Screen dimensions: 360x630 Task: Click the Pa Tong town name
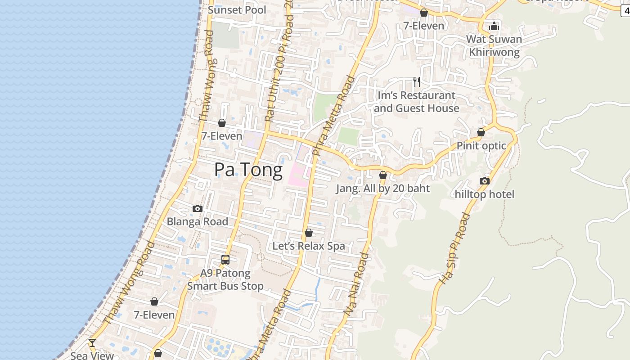point(248,170)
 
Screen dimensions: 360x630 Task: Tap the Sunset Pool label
point(237,10)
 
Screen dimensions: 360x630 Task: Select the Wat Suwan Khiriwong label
point(494,45)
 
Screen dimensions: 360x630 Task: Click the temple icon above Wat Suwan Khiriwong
point(494,26)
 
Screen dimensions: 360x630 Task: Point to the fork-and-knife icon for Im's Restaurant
point(417,81)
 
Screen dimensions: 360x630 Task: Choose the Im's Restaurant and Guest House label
point(416,102)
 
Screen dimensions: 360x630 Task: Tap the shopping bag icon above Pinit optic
point(481,132)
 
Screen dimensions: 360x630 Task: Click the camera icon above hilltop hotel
point(485,181)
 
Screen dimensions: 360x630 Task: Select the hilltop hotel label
point(485,194)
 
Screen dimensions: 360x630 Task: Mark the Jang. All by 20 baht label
point(383,189)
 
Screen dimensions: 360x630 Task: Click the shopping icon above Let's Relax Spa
point(309,233)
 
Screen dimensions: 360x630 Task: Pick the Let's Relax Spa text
point(309,246)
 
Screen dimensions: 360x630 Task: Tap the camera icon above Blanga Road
point(197,208)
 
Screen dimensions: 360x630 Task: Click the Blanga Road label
point(197,221)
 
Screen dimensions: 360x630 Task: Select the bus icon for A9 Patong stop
point(225,260)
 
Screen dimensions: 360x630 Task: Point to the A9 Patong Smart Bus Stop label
point(225,279)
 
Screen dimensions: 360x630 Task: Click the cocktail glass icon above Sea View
point(92,343)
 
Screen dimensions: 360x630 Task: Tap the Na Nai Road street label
point(356,283)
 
